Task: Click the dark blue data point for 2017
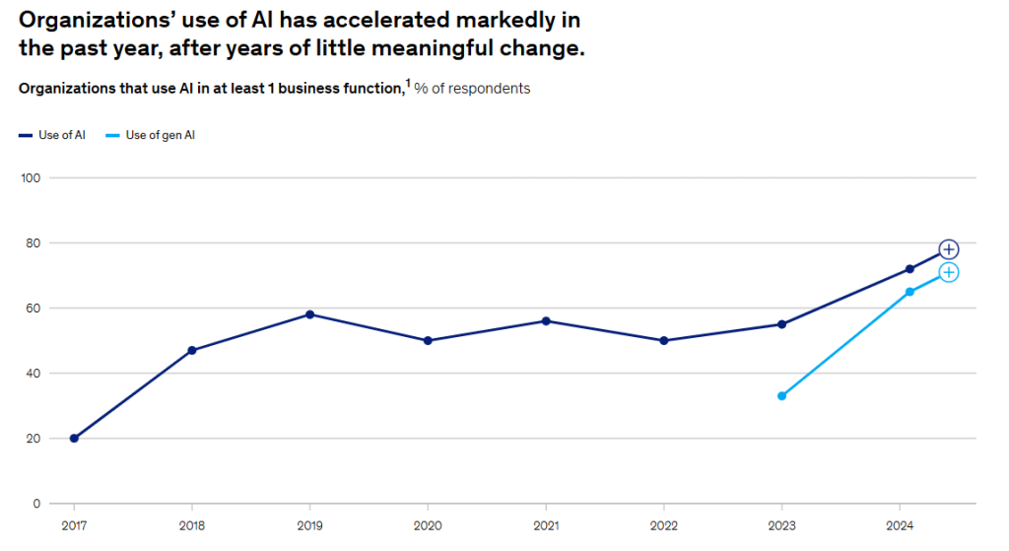(74, 439)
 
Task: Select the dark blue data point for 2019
(309, 314)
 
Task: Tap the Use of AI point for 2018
(192, 350)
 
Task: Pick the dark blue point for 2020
(428, 341)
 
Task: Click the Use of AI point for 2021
(546, 321)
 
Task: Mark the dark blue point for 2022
(663, 341)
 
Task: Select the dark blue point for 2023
(781, 324)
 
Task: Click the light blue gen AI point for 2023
(781, 396)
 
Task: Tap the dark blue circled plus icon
(948, 249)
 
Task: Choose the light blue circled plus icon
(948, 272)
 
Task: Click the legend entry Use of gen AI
(160, 135)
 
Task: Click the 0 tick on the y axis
(35, 504)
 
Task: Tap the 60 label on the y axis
(32, 309)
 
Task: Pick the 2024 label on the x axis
(899, 524)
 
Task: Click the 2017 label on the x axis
(74, 524)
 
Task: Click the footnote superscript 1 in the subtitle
(408, 84)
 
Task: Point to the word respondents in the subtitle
(488, 89)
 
